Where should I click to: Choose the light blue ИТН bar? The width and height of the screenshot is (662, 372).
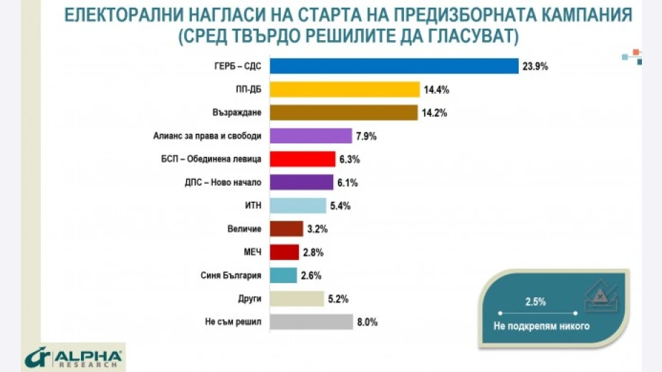tap(299, 206)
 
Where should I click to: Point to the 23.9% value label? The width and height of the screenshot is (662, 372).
tap(536, 66)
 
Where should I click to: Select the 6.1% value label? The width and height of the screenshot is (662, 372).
tap(347, 183)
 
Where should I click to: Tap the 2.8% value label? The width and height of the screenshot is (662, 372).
tap(312, 252)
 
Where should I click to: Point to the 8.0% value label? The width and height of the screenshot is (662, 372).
tap(366, 322)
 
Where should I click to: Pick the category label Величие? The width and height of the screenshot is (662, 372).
tap(245, 229)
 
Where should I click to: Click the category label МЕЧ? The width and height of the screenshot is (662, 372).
tap(252, 252)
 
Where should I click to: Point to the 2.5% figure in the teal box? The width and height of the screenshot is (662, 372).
tap(531, 300)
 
